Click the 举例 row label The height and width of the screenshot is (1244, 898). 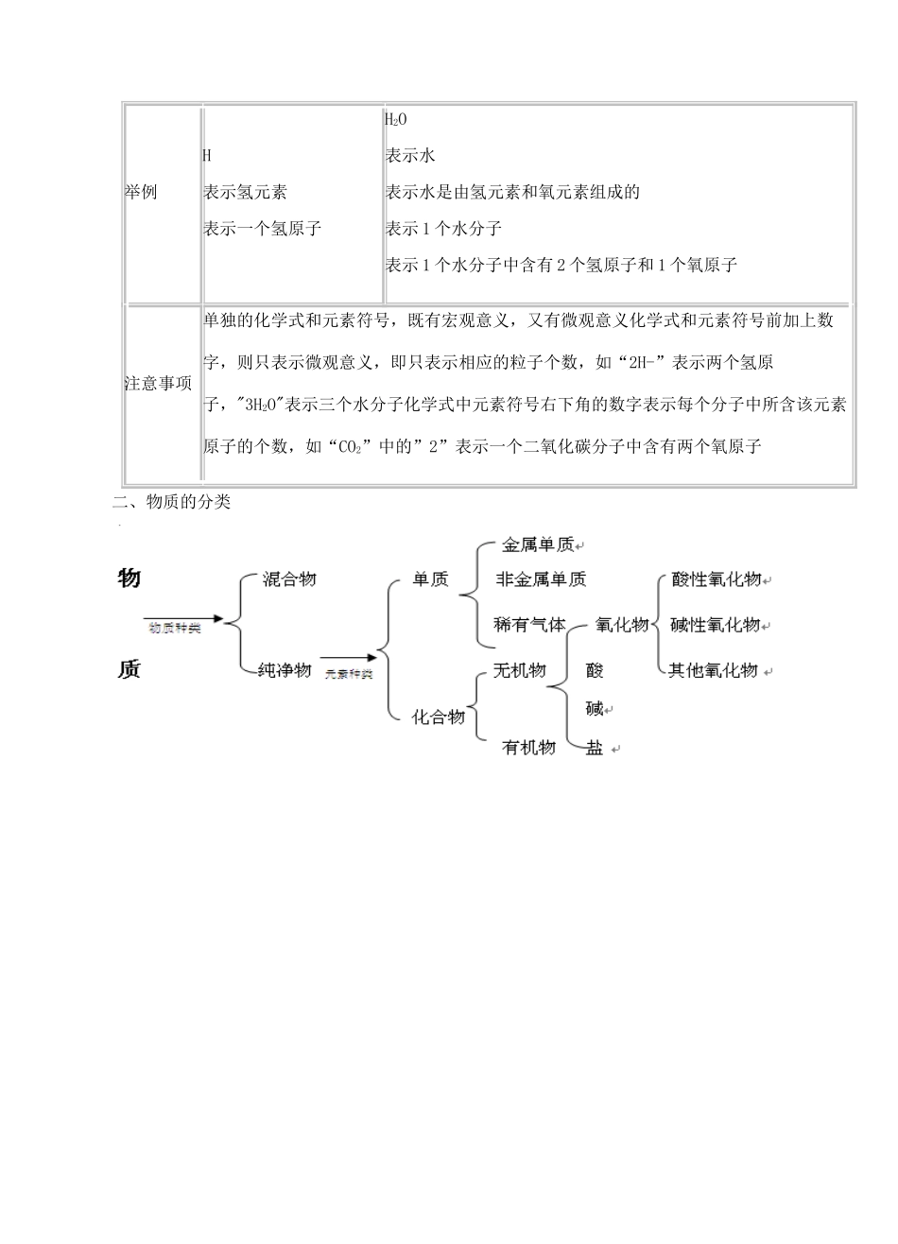141,192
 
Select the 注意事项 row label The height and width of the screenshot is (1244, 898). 159,384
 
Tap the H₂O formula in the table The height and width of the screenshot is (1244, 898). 395,119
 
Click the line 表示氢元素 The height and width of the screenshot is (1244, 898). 245,192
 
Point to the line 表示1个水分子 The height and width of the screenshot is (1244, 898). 442,229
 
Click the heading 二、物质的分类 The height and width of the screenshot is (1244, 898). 171,503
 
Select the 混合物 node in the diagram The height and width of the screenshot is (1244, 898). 288,579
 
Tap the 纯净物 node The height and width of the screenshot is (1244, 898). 285,670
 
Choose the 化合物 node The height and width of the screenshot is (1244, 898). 438,717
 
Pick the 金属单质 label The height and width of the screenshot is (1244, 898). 537,545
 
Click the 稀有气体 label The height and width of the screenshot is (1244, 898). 529,625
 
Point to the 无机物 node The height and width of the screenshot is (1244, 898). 519,670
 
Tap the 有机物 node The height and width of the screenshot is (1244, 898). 528,748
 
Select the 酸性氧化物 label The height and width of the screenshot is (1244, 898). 717,579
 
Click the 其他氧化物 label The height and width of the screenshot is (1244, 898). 714,670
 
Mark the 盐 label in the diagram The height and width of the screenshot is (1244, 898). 595,748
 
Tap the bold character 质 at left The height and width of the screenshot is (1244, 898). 130,669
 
